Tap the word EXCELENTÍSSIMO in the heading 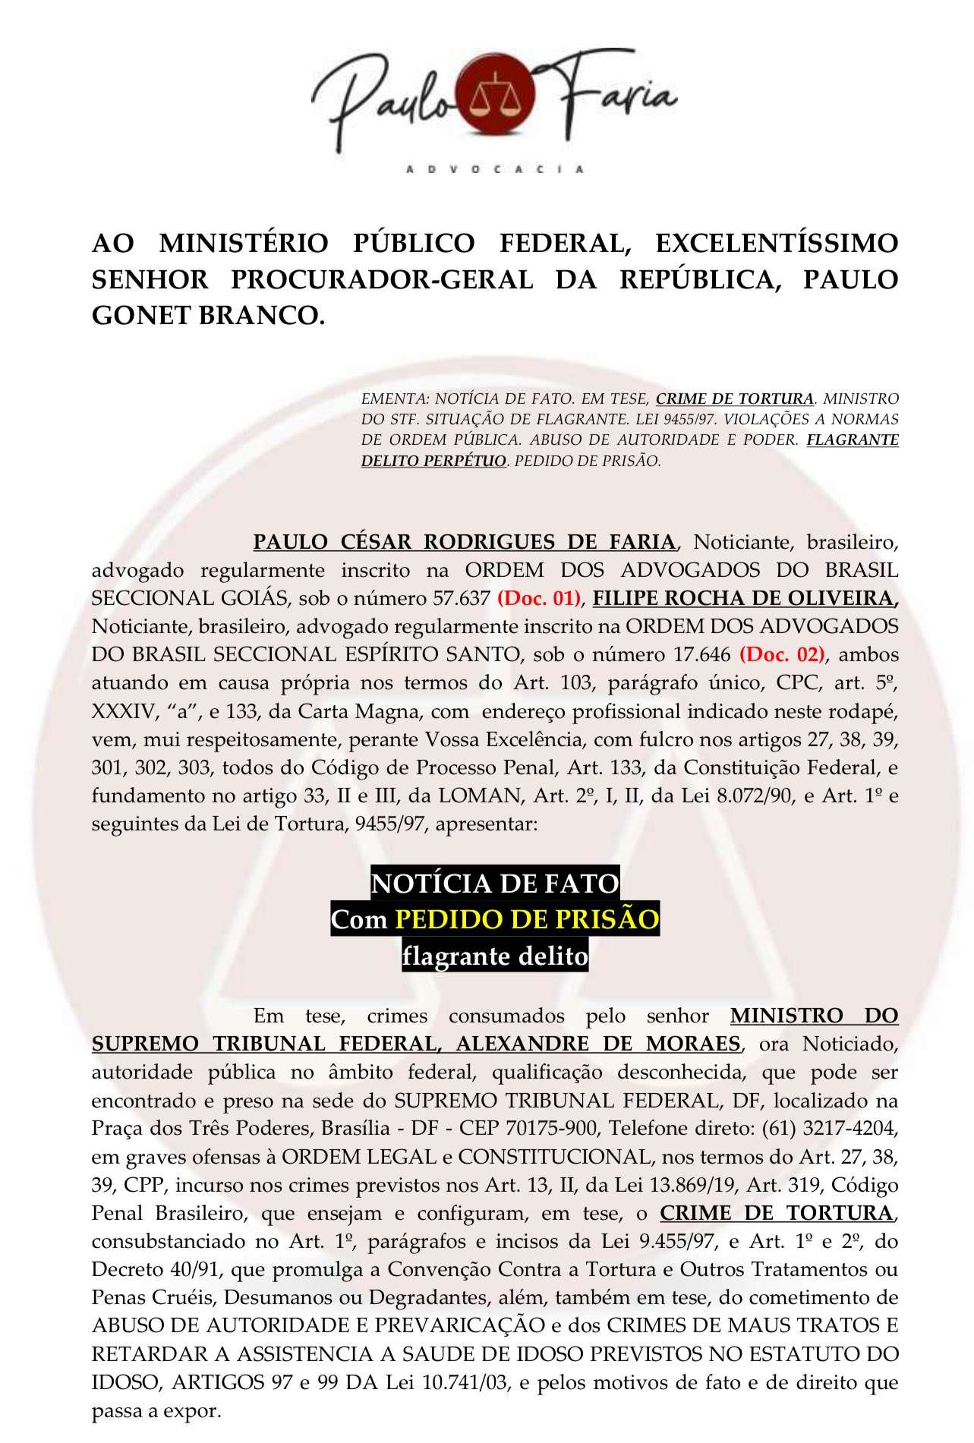click(777, 244)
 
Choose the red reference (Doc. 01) click(538, 598)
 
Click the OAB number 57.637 click(462, 598)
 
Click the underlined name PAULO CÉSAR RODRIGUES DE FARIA click(464, 542)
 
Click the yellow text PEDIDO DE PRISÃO click(527, 919)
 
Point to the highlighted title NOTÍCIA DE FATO click(494, 884)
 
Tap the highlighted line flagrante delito click(495, 956)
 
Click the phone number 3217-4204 click(848, 1128)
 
